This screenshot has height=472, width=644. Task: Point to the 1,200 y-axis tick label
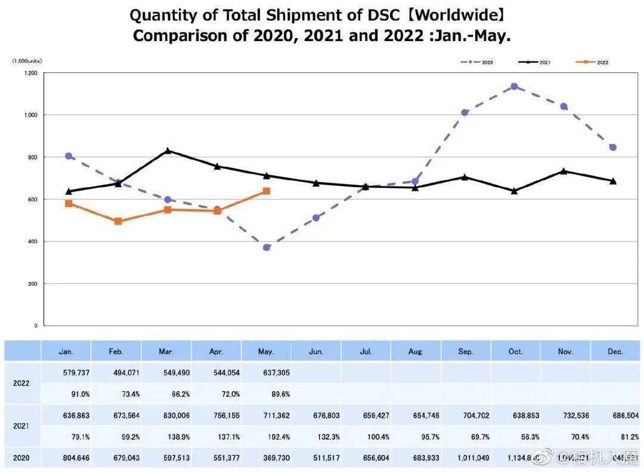(30, 73)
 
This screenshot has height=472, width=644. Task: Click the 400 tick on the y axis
(32, 241)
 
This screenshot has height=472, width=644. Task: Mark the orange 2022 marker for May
(267, 191)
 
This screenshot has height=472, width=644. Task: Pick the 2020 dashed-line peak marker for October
(514, 86)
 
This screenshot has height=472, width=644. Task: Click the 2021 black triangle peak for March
(168, 151)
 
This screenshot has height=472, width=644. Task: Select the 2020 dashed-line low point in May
(267, 247)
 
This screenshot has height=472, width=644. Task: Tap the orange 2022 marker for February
(118, 221)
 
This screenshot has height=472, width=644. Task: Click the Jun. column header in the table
(317, 352)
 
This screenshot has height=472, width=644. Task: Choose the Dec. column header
(615, 352)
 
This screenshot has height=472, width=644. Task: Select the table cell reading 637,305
(267, 372)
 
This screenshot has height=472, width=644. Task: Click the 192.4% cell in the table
(267, 437)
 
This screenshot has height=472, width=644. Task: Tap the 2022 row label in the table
(21, 383)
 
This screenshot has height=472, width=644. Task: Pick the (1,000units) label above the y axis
(27, 61)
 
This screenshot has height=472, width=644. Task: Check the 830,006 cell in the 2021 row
(167, 415)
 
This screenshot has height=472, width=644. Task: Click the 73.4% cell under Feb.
(117, 394)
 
